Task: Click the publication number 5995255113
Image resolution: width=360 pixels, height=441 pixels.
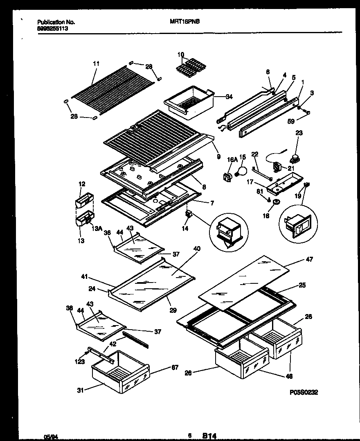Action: point(53,29)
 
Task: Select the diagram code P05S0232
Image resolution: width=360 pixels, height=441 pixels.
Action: point(303,392)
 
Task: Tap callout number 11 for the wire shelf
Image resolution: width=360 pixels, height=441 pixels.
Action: point(96,63)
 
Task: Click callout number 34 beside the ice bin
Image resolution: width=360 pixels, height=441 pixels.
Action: point(229,97)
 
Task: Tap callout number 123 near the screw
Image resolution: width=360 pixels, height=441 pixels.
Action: point(79,362)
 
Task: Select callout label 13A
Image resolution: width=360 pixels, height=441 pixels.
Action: point(97,229)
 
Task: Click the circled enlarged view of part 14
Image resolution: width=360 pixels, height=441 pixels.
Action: point(228,231)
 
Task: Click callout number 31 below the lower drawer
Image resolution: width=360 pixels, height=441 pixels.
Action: point(81,390)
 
